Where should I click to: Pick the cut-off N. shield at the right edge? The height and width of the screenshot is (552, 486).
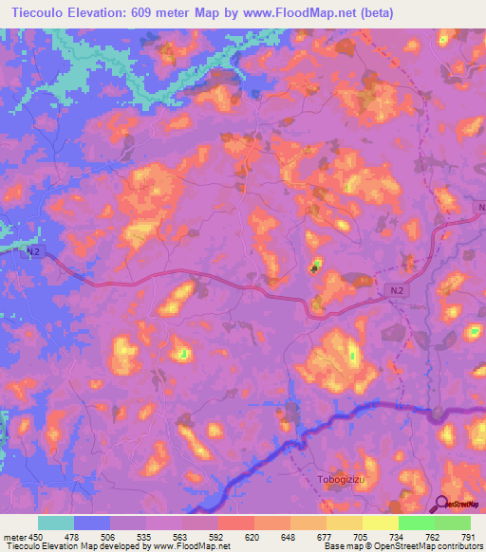[x=480, y=207]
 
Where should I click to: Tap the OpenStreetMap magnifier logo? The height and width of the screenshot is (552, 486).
[x=441, y=505]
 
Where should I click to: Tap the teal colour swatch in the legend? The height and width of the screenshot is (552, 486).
[x=55, y=522]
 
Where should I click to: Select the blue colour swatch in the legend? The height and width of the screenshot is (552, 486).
[x=91, y=522]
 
